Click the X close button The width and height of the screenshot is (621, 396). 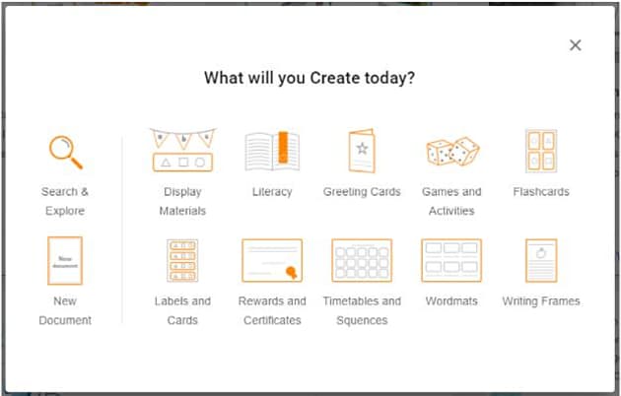pyautogui.click(x=576, y=45)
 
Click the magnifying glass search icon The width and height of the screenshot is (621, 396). pyautogui.click(x=65, y=152)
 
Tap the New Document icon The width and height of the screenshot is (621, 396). pyautogui.click(x=65, y=261)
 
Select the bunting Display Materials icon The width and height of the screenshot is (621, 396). pyautogui.click(x=182, y=151)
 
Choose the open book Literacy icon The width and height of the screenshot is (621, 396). pyautogui.click(x=272, y=152)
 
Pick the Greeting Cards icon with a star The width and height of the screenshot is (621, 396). pyautogui.click(x=362, y=152)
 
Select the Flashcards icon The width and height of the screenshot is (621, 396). pyautogui.click(x=541, y=152)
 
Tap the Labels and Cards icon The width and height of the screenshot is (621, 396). pyautogui.click(x=182, y=261)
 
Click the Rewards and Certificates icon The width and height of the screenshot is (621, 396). pyautogui.click(x=272, y=261)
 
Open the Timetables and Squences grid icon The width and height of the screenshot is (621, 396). pyautogui.click(x=362, y=261)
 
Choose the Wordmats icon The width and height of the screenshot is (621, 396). pyautogui.click(x=451, y=261)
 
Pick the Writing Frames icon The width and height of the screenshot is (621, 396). pyautogui.click(x=541, y=261)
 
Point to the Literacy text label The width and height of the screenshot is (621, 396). pyautogui.click(x=272, y=192)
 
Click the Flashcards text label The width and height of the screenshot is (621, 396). pyautogui.click(x=541, y=192)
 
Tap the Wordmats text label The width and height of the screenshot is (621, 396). pyautogui.click(x=451, y=301)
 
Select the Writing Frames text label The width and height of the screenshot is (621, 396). pyautogui.click(x=541, y=301)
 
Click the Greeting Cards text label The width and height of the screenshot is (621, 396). pyautogui.click(x=362, y=192)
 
